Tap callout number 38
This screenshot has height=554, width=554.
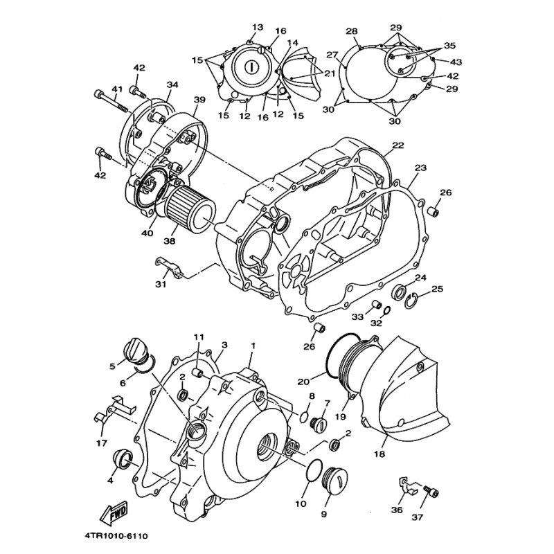tap(169, 241)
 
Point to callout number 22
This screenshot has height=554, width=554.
tap(397, 145)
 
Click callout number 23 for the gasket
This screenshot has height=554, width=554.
tap(420, 168)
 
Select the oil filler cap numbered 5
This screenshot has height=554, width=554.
tap(135, 349)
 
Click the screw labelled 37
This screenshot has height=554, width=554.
tap(431, 490)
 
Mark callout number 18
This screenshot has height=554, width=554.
tap(381, 454)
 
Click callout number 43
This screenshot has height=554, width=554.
tap(456, 62)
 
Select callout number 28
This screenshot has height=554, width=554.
tap(352, 31)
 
